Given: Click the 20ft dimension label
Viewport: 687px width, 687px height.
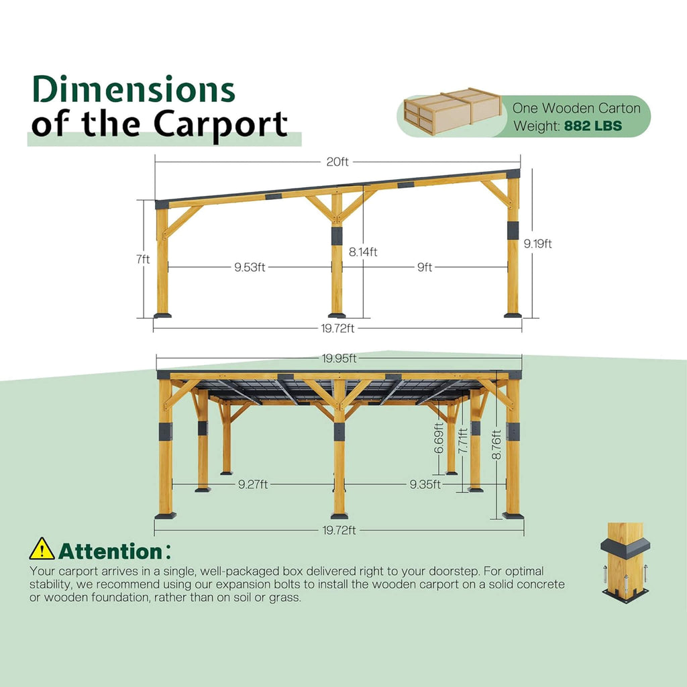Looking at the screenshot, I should [x=337, y=162].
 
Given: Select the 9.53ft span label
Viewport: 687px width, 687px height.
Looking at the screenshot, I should [x=250, y=267].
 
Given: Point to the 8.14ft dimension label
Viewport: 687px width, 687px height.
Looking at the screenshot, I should [x=363, y=252].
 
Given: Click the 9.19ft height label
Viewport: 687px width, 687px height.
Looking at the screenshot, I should [x=538, y=244].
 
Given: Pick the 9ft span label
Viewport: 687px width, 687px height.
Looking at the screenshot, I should [x=424, y=267].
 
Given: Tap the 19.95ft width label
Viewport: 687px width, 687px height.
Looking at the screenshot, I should [x=339, y=358].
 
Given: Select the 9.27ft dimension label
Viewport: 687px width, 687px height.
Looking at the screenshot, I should [x=253, y=484].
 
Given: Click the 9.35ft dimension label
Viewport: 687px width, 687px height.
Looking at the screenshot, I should [x=425, y=484].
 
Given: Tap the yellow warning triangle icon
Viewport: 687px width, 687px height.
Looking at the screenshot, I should [x=42, y=549].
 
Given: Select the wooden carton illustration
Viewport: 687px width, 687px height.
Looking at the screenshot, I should [x=452, y=111].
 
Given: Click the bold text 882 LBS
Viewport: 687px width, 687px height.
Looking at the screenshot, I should [x=592, y=125].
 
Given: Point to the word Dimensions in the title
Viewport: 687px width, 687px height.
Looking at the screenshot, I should [x=134, y=90].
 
